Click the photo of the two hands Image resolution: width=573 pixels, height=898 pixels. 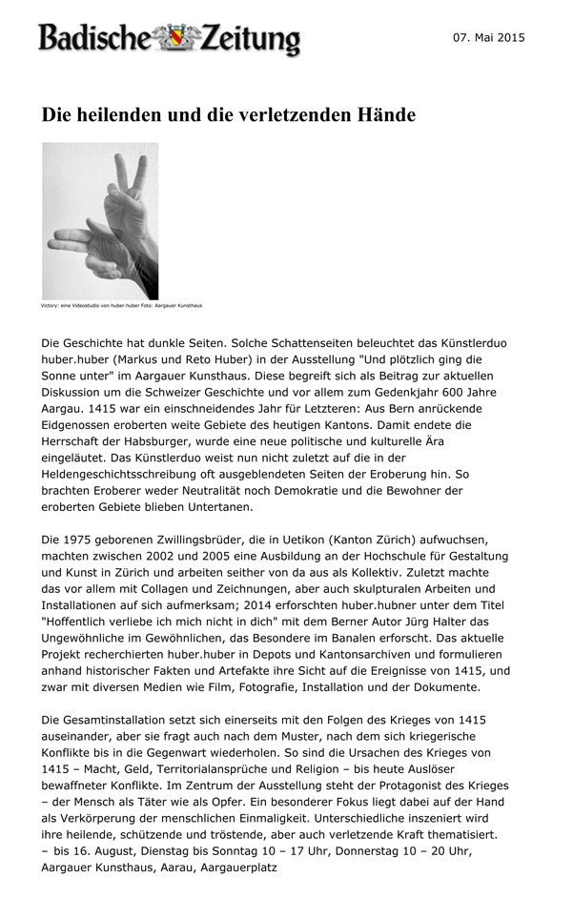tap(100, 221)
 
